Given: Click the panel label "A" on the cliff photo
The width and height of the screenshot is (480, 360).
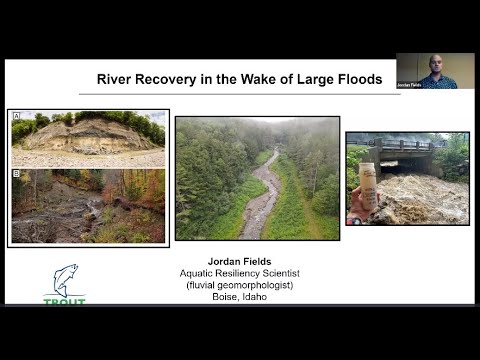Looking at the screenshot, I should (x=17, y=116).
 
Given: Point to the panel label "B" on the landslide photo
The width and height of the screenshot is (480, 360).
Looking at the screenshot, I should (x=17, y=174).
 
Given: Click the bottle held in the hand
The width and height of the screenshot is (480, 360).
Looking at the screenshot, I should (x=369, y=184).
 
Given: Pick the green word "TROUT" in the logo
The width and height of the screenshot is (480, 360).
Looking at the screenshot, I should (x=64, y=300).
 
